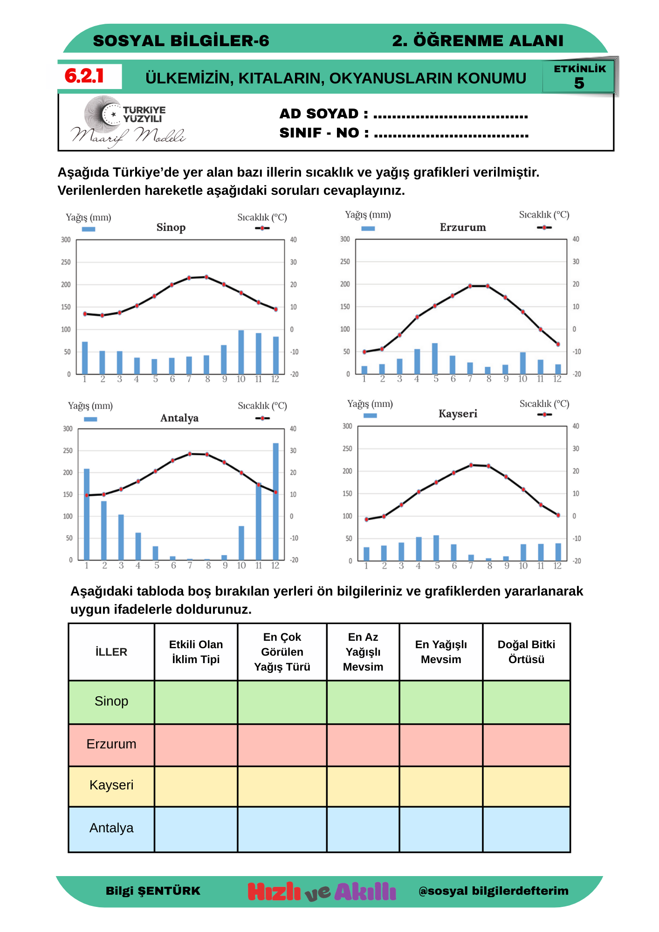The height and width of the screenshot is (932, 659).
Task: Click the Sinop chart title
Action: [x=171, y=227]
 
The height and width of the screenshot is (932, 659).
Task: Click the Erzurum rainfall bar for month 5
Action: [x=435, y=359]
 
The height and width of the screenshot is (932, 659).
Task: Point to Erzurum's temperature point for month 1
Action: [x=364, y=352]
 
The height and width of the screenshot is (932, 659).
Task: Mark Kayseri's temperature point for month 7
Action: [x=471, y=465]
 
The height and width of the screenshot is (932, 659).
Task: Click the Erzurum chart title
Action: [x=463, y=227]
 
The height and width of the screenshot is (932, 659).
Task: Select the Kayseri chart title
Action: [x=458, y=414]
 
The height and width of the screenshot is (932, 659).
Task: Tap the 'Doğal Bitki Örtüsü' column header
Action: [x=526, y=651]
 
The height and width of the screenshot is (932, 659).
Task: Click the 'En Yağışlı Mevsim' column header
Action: [x=441, y=651]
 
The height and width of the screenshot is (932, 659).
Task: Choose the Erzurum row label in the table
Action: [x=111, y=744]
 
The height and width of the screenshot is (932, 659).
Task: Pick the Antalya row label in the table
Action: [x=111, y=828]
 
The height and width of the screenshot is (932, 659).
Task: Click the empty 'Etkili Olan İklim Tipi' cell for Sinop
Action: [x=196, y=702]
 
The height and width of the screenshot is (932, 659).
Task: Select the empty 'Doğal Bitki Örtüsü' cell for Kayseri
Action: [x=526, y=786]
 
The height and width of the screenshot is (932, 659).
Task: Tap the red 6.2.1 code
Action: [x=84, y=76]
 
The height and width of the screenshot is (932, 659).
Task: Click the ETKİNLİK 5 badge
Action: [x=579, y=76]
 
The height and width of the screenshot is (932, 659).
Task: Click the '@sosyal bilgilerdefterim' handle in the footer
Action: [x=494, y=891]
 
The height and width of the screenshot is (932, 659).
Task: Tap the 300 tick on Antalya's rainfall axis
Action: [x=68, y=429]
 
